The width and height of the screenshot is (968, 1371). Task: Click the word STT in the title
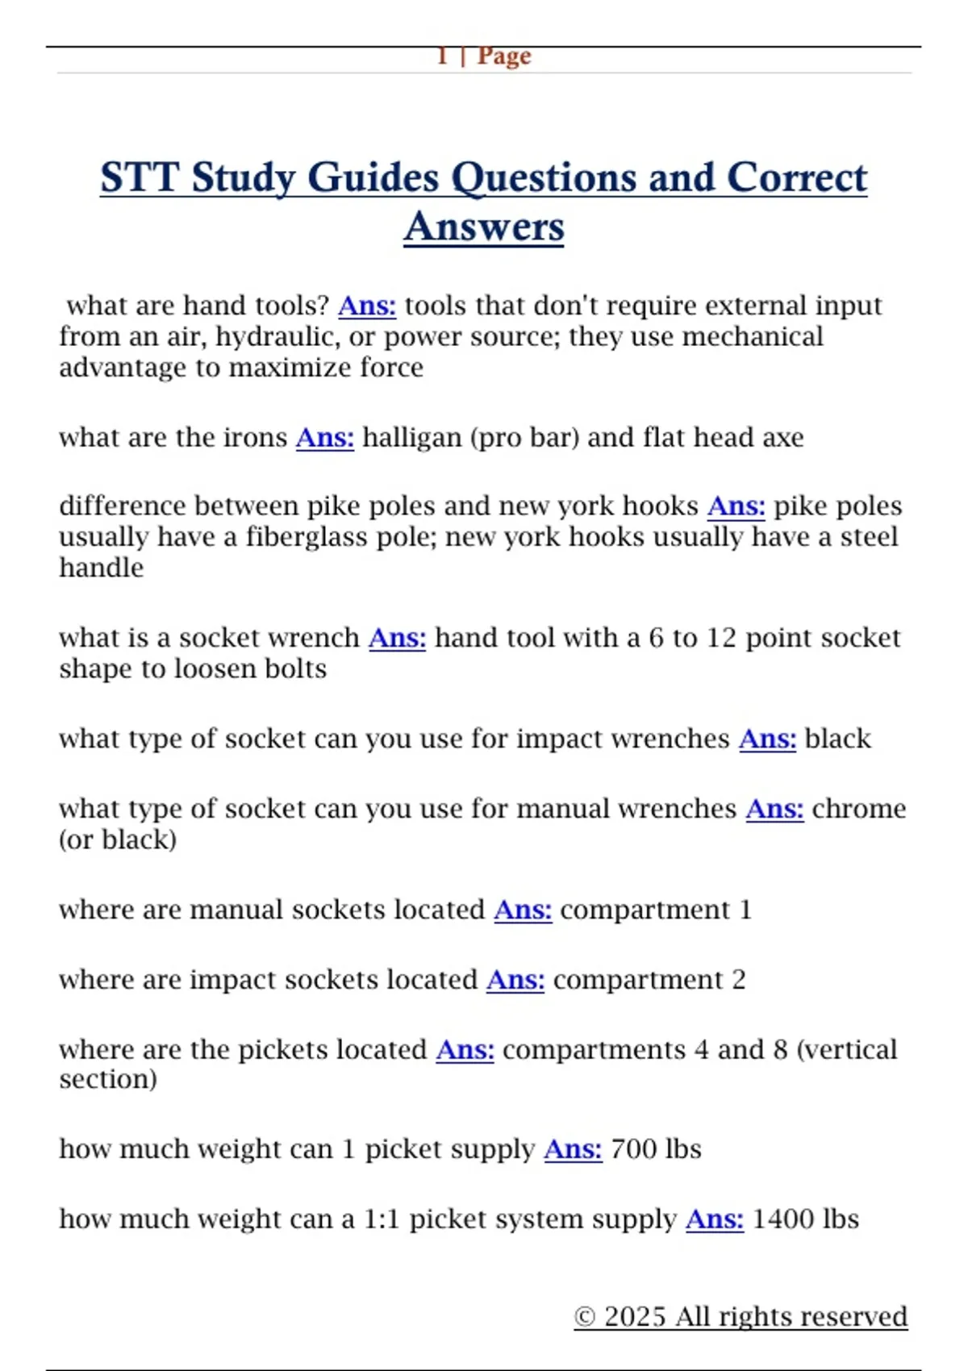coord(140,177)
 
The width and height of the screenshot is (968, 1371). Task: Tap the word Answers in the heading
coord(484,227)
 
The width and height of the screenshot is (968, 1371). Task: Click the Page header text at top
coord(484,56)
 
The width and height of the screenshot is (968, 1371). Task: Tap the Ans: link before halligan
coord(324,437)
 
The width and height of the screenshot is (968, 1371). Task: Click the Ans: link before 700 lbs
coord(573,1149)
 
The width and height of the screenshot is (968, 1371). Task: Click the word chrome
coord(858,809)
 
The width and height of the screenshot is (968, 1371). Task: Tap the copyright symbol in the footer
coord(585,1317)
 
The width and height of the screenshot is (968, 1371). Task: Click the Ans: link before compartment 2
coord(515,980)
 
